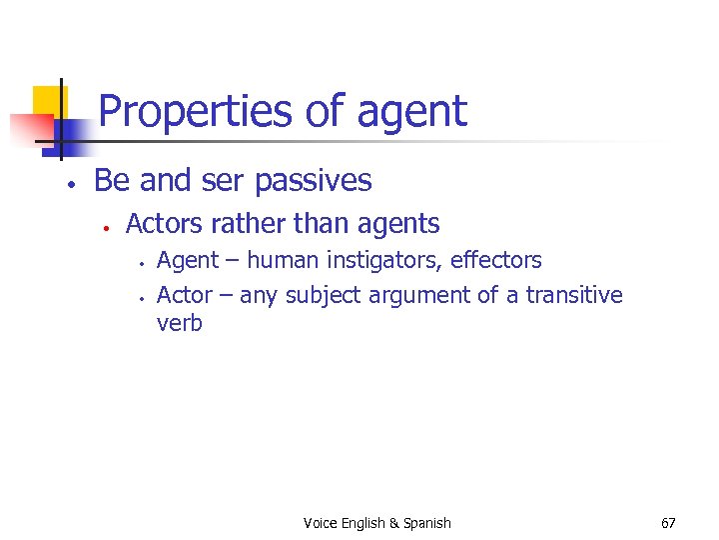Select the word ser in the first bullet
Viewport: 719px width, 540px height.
point(227,181)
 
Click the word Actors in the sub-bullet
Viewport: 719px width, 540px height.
point(162,224)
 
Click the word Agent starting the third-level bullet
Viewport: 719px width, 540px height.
point(188,261)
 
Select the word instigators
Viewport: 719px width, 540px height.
point(383,261)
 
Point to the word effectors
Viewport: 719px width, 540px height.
point(496,261)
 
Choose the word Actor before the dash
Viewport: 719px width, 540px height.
point(185,295)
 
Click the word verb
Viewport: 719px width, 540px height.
point(180,323)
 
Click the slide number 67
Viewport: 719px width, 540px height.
point(669,523)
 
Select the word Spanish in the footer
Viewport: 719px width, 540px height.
point(427,523)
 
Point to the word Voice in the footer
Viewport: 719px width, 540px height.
point(320,523)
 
